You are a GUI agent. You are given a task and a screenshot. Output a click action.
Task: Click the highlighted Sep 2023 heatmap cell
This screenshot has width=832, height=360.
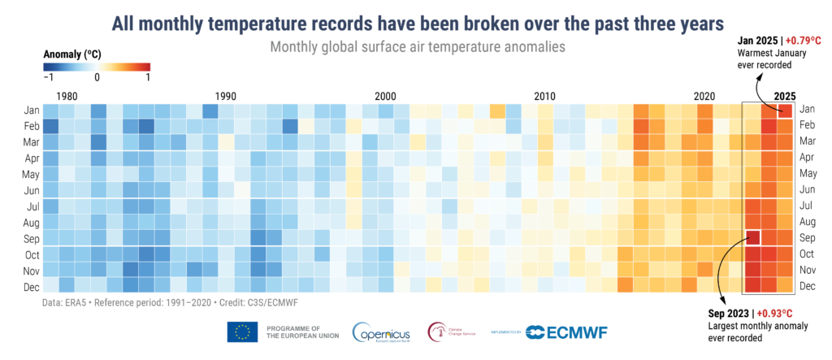tap(752, 237)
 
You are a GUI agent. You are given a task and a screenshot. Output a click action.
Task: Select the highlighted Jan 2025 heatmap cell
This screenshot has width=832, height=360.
tap(784, 109)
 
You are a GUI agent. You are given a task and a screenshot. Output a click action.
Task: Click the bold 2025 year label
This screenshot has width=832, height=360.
tap(785, 96)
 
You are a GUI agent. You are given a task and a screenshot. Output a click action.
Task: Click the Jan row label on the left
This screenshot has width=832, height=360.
tap(25, 109)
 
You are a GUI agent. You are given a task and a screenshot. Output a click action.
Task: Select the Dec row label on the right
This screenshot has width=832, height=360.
tap(808, 286)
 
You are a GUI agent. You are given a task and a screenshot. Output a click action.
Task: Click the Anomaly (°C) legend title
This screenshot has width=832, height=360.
tap(74, 54)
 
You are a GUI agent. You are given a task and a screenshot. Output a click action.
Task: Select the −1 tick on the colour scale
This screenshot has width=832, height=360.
tap(47, 79)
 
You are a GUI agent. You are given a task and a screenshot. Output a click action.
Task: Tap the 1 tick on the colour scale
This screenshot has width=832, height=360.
tap(147, 79)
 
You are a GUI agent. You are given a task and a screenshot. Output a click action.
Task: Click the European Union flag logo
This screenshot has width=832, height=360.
tap(242, 332)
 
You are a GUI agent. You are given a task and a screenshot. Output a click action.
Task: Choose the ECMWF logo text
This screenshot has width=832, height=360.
tap(567, 332)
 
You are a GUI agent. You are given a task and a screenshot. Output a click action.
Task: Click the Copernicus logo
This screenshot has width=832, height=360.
tap(383, 332)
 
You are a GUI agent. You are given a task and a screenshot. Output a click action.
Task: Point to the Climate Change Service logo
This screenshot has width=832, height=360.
tap(455, 332)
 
